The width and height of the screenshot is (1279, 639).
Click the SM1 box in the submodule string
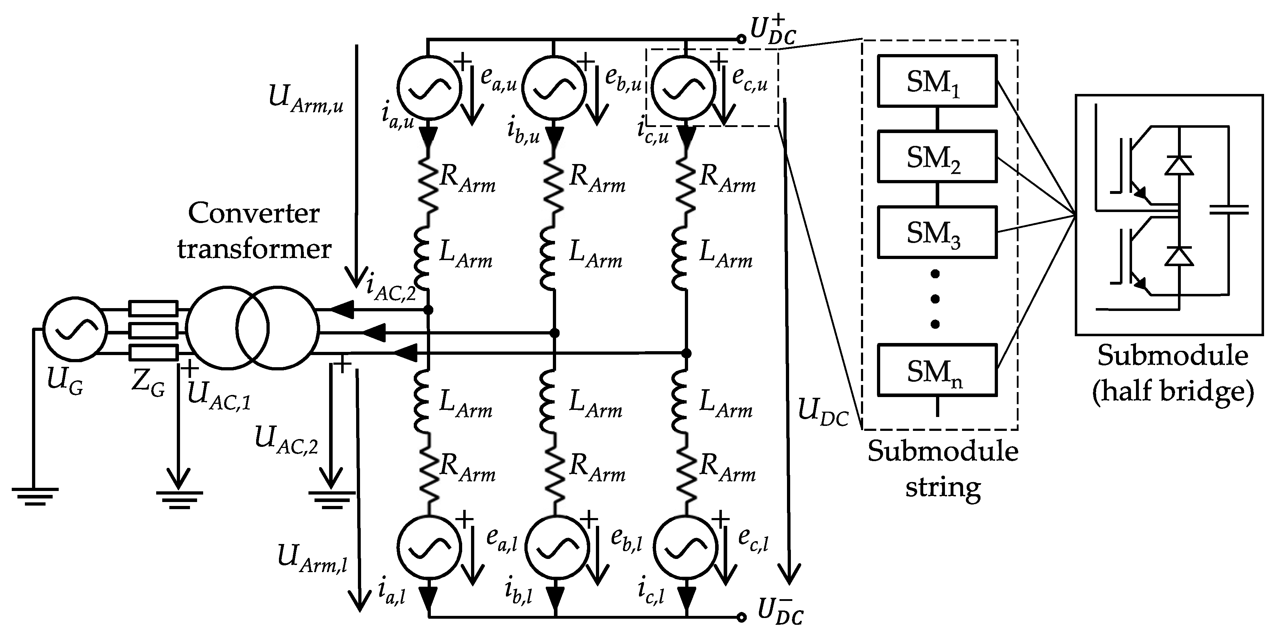tap(936, 81)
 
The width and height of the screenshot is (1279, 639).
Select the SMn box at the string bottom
tap(936, 370)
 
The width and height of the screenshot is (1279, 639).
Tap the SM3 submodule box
tap(936, 232)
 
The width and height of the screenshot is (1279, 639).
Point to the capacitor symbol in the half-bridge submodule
tap(1229, 211)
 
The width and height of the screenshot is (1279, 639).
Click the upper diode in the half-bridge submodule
tap(1179, 165)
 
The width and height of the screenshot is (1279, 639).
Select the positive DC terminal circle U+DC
tap(741, 39)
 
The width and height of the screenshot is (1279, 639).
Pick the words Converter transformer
tap(254, 231)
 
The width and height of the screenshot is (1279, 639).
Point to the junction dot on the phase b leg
tap(555, 332)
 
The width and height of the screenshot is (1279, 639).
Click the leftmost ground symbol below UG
tap(35, 495)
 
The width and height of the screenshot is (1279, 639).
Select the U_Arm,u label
tap(305, 99)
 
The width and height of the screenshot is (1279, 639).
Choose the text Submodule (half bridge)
tap(1172, 373)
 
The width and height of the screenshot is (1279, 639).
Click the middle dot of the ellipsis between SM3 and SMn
tap(935, 299)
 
